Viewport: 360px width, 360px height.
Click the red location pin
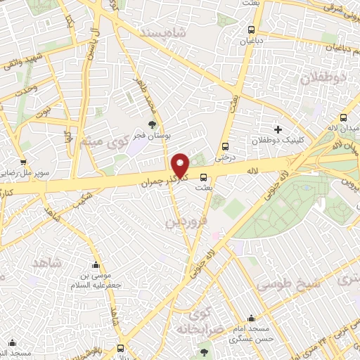coord(181,165)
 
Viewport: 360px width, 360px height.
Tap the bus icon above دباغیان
coord(252,30)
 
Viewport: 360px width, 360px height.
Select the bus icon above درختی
coord(225,146)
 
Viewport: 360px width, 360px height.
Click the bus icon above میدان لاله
coord(344,117)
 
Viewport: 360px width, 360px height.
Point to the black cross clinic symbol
coord(278,129)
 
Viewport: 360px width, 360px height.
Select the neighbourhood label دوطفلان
coord(325,79)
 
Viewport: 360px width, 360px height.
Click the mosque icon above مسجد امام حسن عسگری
coord(252,318)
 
